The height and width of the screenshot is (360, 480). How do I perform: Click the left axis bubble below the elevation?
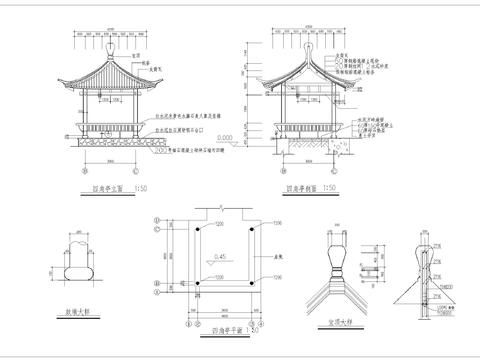point(84,170)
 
